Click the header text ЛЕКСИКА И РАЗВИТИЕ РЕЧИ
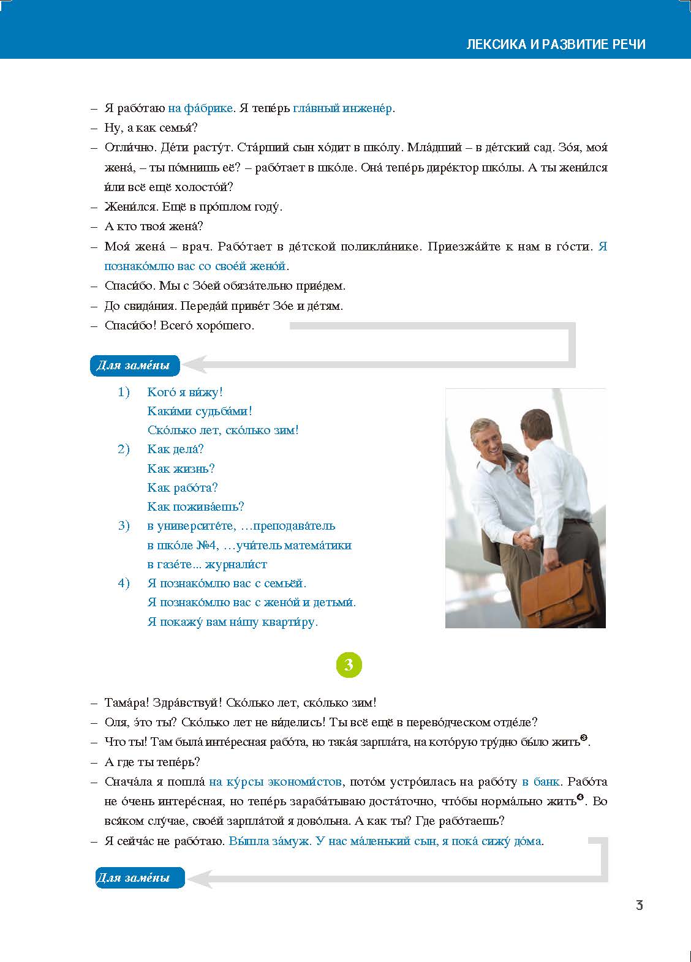tap(556, 44)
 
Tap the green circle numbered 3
tap(349, 665)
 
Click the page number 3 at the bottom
tap(639, 906)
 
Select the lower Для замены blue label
tap(140, 877)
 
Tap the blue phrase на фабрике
tap(200, 108)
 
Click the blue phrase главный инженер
tap(342, 108)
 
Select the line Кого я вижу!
tap(185, 392)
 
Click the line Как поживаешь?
tap(196, 506)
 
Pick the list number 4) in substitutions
tap(124, 583)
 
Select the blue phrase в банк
tap(541, 781)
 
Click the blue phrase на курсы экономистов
tap(275, 781)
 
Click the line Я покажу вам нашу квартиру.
tap(233, 622)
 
